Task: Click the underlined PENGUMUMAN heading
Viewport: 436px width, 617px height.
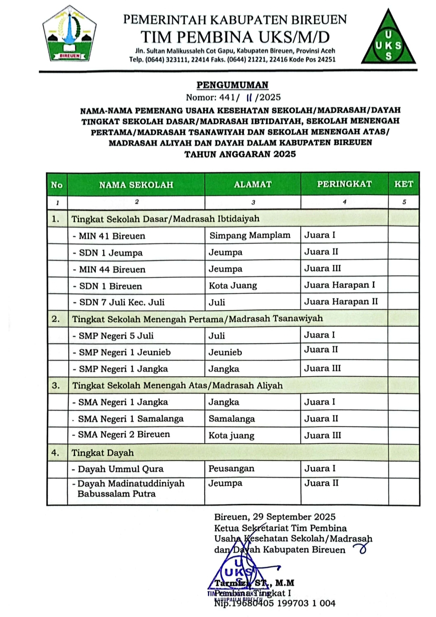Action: [x=233, y=85]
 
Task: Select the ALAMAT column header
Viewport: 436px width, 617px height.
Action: [x=253, y=185]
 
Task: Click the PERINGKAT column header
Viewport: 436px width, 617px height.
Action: [x=344, y=184]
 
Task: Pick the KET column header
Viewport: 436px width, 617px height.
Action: [x=404, y=184]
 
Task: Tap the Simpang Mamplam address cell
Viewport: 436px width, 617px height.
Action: [x=249, y=235]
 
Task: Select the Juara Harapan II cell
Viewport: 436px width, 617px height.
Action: [x=341, y=302]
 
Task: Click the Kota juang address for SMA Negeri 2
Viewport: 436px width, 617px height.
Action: [x=231, y=436]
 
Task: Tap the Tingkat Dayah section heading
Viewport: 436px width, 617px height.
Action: [x=103, y=453]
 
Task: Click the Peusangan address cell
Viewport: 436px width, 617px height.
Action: [x=231, y=469]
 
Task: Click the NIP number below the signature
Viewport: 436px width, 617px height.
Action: [x=275, y=604]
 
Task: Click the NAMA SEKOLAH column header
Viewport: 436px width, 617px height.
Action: [x=136, y=185]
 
